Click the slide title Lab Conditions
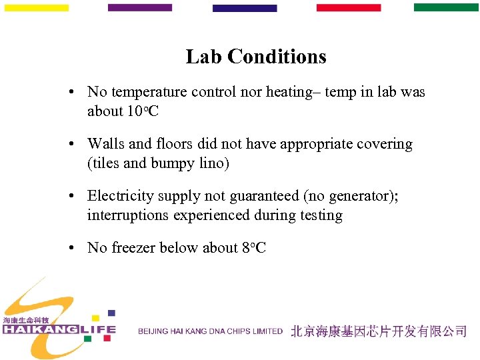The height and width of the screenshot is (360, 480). pos(256,57)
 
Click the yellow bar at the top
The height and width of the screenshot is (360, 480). pos(37,8)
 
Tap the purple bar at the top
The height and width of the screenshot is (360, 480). pos(140,8)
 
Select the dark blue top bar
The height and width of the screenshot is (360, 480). pos(245,9)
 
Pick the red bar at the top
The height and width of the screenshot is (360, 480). pos(349,8)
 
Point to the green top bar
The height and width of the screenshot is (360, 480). pos(446,7)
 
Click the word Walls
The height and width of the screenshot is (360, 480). pos(106,144)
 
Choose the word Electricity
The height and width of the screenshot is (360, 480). pos(121,196)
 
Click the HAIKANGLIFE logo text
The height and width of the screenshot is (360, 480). pos(59,329)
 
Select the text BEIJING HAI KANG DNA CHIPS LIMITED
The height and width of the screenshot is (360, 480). pos(211,331)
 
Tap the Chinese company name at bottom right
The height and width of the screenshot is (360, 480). pos(378,331)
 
